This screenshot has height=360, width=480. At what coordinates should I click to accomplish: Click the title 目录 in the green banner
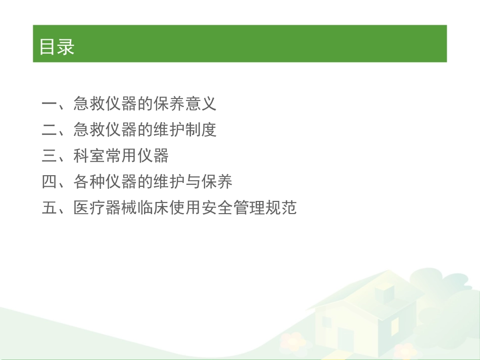point(57,46)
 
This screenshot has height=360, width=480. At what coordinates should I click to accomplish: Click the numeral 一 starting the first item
point(50,104)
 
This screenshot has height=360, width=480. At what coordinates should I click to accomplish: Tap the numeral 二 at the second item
point(50,130)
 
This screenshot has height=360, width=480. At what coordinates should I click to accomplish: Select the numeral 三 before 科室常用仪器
point(50,156)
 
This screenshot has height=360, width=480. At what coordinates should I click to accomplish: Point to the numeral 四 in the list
point(50,182)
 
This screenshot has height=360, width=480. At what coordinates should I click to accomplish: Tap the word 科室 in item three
point(89,156)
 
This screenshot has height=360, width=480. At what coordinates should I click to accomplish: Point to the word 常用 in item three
point(121,156)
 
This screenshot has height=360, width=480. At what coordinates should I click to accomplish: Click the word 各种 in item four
point(89,182)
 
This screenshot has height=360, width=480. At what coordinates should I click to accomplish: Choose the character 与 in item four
point(193,182)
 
